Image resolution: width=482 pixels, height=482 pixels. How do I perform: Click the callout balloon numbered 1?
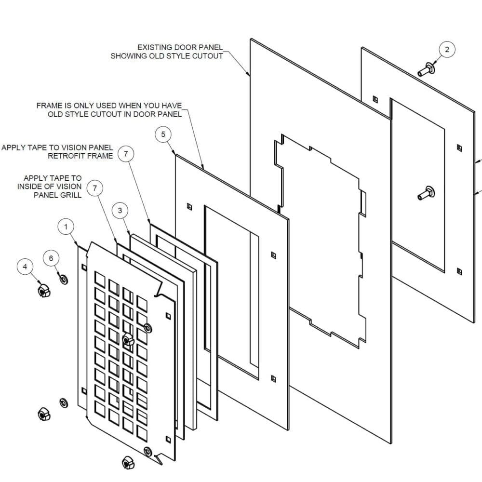[x=66, y=227]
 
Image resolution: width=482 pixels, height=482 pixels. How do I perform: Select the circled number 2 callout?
[x=447, y=49]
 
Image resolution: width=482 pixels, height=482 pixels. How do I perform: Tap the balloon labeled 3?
[x=120, y=210]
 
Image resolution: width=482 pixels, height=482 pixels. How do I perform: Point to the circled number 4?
[x=26, y=266]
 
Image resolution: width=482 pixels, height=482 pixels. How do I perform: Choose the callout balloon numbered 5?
[x=163, y=134]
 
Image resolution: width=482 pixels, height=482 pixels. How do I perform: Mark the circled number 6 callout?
[x=52, y=258]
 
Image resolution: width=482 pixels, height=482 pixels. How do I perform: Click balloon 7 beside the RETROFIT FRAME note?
[x=126, y=154]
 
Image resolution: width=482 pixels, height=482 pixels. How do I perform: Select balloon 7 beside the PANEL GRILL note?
[x=95, y=189]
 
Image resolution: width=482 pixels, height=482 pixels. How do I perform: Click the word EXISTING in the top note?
[x=154, y=47]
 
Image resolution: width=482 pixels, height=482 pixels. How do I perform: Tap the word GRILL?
[x=71, y=195]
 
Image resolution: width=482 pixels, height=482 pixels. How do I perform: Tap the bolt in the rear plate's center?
[x=426, y=193]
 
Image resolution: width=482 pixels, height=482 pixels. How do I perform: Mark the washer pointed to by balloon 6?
[x=63, y=279]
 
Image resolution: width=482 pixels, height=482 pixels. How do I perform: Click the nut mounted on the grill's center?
[x=127, y=339]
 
